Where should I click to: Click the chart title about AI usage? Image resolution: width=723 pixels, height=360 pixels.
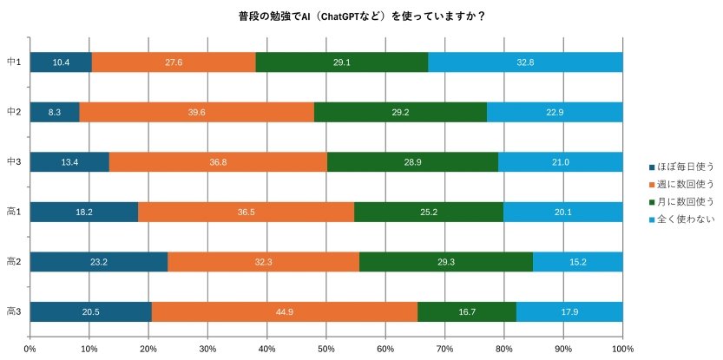click(361, 16)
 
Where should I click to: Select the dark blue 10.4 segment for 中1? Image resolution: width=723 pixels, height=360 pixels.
click(61, 62)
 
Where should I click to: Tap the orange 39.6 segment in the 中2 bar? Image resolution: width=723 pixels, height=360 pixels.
click(196, 112)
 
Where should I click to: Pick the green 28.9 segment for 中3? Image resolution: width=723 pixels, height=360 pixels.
click(412, 162)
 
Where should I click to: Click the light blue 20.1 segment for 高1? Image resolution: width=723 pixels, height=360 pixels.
click(562, 212)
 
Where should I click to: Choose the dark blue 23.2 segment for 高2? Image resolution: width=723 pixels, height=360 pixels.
click(98, 261)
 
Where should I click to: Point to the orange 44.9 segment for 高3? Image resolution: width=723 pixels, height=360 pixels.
click(284, 311)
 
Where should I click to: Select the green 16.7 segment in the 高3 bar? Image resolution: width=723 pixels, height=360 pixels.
click(467, 311)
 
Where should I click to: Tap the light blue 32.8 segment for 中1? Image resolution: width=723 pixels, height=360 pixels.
click(525, 62)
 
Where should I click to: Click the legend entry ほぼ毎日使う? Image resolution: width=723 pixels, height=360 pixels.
click(687, 166)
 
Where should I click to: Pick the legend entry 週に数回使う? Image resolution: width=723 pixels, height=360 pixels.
click(687, 183)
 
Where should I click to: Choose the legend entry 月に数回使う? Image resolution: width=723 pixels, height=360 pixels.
click(687, 200)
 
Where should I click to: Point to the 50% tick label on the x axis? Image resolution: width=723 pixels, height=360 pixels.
click(326, 349)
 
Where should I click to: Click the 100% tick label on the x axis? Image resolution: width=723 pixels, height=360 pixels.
click(622, 349)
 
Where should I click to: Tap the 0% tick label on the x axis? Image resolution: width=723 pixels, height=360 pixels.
click(30, 349)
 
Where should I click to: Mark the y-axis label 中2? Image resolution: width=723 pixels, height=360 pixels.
click(14, 112)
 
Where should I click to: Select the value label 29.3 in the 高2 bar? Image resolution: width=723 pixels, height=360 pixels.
click(446, 261)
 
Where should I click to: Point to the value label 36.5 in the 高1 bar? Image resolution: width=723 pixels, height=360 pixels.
click(246, 212)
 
